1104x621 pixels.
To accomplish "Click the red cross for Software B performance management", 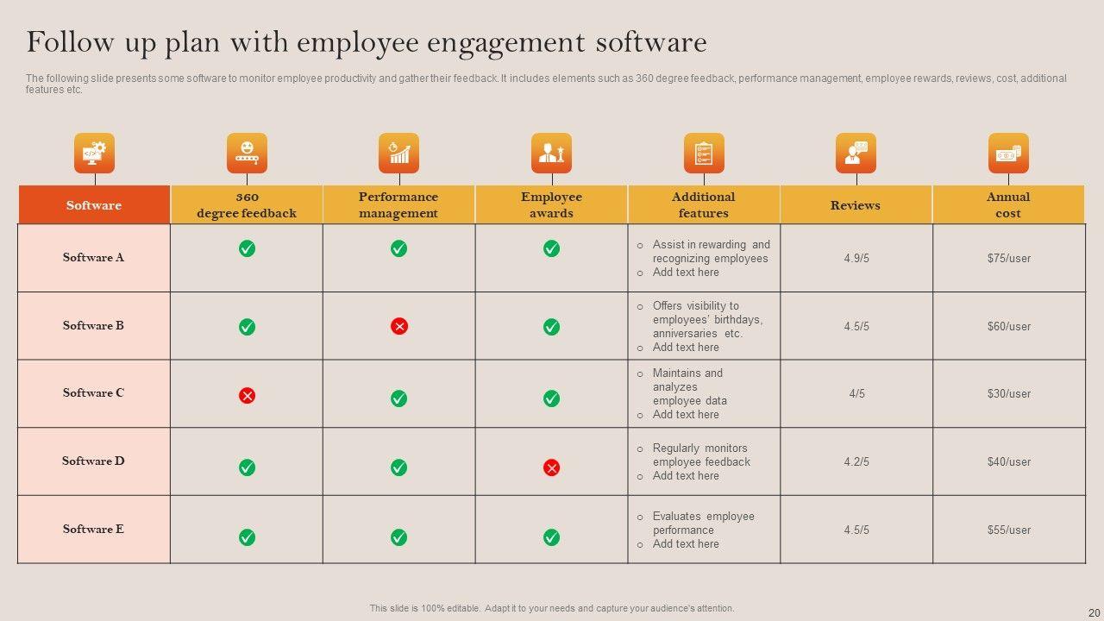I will (x=398, y=326).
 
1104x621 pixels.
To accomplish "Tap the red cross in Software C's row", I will (x=247, y=396).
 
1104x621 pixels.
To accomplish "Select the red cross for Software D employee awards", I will (x=551, y=467).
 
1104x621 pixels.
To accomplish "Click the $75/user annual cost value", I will (x=1008, y=258).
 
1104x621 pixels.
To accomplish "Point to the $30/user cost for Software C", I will (x=1008, y=393).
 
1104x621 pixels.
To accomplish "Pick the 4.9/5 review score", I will (x=856, y=258).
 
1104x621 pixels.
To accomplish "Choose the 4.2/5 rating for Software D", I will (x=856, y=461).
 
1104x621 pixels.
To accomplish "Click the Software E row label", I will (x=93, y=529).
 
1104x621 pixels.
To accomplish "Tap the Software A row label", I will (x=93, y=257).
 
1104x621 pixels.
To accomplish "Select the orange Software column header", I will (x=94, y=205).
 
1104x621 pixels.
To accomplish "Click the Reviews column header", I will (x=856, y=205).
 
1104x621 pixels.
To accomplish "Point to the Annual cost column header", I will (x=1008, y=205).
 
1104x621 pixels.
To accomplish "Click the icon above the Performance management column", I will (x=398, y=154).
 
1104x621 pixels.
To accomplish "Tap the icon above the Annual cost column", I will (x=1008, y=154).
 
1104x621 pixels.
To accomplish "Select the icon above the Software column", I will (x=94, y=154).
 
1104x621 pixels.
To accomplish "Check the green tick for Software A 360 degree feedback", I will (x=247, y=248).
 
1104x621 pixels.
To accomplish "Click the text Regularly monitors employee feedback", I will (x=700, y=455).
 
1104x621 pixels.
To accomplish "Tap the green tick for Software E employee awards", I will (x=551, y=537).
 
